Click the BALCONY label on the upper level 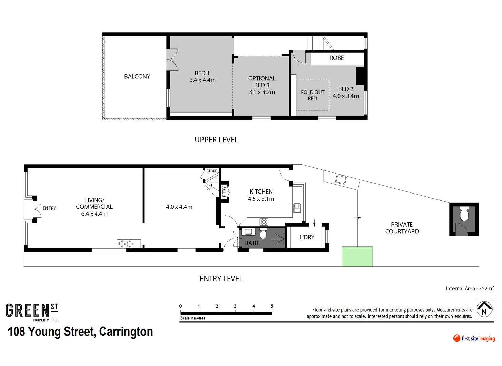pos(137,76)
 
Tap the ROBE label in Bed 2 pos(336,58)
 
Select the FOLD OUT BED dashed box pos(313,95)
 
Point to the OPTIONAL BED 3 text pos(262,85)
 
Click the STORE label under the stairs pos(212,171)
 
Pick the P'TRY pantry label pos(224,191)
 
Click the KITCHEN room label pos(261,192)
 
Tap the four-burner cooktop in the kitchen pos(264,222)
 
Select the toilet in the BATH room pos(263,234)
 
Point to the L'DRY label pos(307,237)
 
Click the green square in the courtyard pos(357,257)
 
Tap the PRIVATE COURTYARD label pos(402,228)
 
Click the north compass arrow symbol pos(484,309)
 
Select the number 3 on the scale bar pos(235,306)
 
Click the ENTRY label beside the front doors pos(49,208)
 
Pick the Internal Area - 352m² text pos(469,288)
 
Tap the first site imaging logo pos(474,338)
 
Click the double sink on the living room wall pos(126,244)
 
